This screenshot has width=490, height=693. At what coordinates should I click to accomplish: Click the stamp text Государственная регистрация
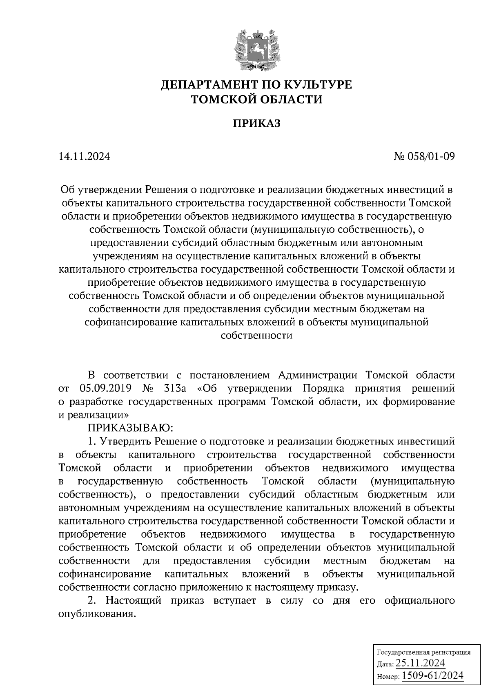coord(423,652)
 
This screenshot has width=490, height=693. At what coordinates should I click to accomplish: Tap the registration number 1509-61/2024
coord(432,675)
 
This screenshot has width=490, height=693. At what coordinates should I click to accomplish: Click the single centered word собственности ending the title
coord(256,335)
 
